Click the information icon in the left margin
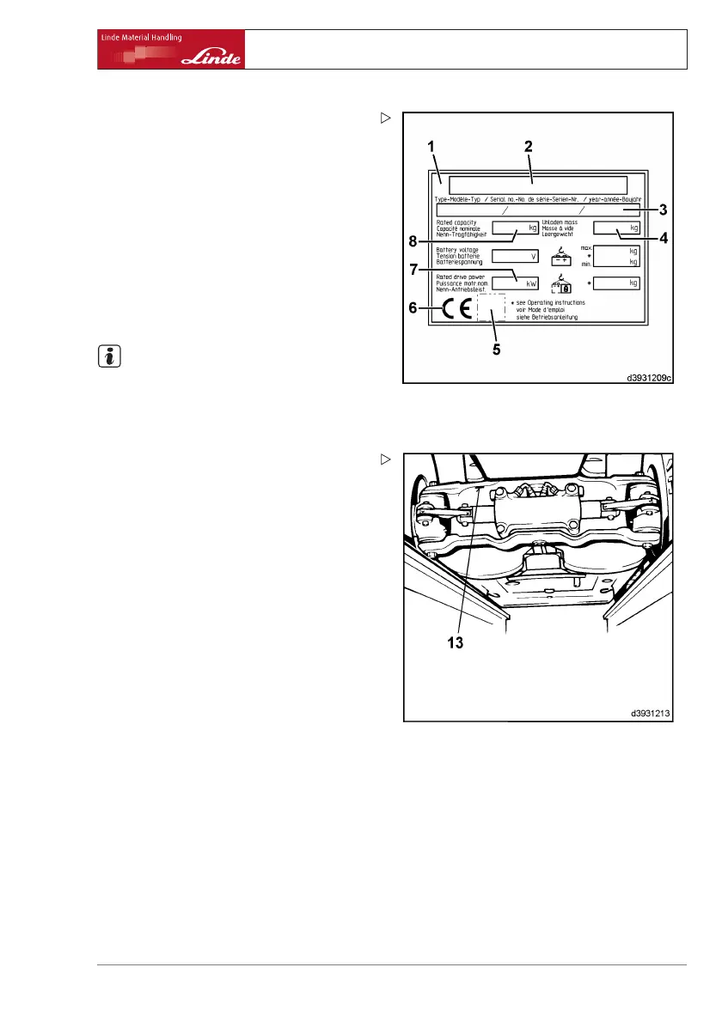(109, 357)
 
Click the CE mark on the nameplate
(456, 309)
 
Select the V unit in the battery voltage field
(533, 256)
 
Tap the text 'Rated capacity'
(456, 222)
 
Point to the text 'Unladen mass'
(560, 222)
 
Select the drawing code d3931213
(649, 712)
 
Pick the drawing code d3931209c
(646, 374)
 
